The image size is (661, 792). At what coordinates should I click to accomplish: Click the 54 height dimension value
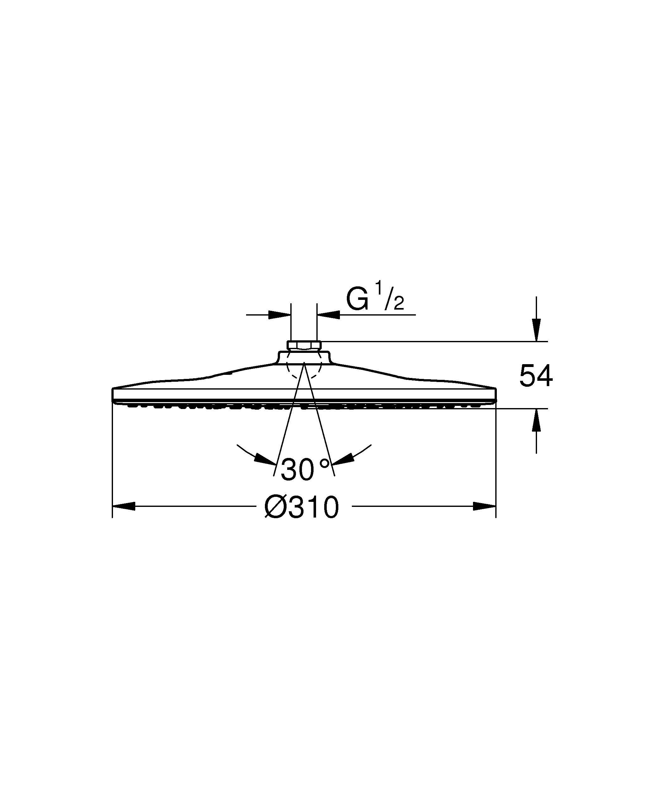tap(536, 376)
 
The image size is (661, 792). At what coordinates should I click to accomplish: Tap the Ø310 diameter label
tap(302, 507)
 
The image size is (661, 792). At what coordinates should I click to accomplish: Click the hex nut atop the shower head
tap(304, 345)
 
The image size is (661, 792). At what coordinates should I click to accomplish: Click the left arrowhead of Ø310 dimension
tap(124, 506)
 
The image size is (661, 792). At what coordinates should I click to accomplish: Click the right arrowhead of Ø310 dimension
tap(484, 506)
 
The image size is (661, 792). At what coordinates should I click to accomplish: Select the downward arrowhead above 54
tap(536, 330)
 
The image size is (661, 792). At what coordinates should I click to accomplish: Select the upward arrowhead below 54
tap(536, 420)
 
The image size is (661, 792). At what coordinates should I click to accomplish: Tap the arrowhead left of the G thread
tap(280, 314)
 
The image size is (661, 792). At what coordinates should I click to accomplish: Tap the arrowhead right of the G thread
tap(329, 314)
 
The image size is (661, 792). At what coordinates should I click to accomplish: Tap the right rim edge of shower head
tap(495, 394)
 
